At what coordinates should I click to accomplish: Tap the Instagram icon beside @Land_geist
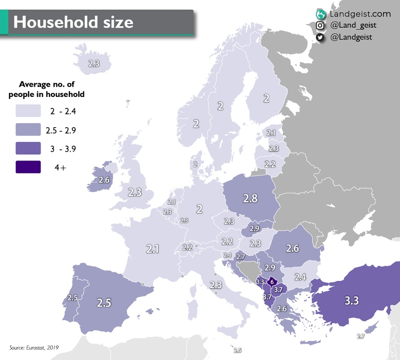[320, 25]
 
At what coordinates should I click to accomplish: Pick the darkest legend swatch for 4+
[28, 167]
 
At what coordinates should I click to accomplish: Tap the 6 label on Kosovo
[272, 282]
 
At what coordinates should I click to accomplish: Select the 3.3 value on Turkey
[351, 301]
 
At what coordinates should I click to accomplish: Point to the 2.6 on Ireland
[104, 180]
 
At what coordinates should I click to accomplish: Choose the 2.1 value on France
[153, 249]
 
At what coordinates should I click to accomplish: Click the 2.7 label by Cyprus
[361, 336]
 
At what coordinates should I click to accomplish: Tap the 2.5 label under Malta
[237, 350]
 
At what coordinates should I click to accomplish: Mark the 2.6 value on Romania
[292, 248]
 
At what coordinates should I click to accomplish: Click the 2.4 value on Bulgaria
[301, 277]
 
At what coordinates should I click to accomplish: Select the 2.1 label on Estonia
[271, 133]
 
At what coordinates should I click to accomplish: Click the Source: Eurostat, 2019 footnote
[34, 348]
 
